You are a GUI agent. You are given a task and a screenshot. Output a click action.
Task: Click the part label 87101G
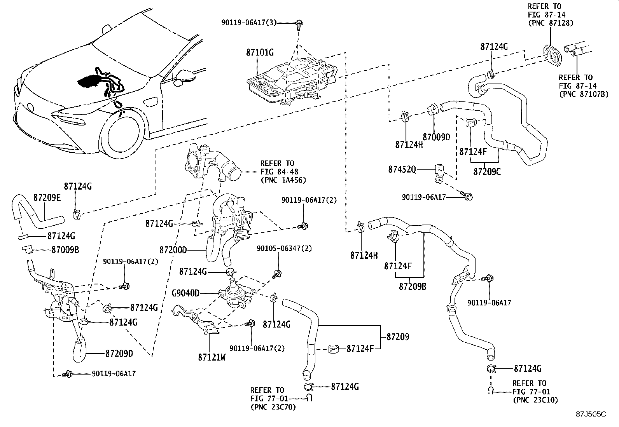coord(260,52)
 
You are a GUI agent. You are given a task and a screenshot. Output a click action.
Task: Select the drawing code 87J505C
coord(591,414)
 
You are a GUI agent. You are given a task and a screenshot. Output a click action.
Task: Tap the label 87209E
coord(47,197)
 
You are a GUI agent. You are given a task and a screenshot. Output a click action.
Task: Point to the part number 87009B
coord(65,250)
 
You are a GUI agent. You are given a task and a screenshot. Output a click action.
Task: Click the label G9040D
coord(185,293)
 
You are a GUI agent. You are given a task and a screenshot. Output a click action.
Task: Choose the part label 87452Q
coord(402,169)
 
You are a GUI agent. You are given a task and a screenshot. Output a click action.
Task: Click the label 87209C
coord(487,171)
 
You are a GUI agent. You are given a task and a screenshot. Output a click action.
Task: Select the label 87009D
coord(436,137)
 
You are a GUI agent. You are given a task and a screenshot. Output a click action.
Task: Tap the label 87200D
coord(173,249)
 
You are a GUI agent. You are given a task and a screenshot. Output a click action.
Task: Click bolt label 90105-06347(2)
coord(284,248)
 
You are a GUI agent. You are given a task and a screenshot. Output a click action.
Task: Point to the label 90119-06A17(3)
coord(249,23)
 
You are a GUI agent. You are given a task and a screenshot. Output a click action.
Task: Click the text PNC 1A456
coord(283,180)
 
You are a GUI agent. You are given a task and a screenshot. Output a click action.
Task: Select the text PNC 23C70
coord(273,407)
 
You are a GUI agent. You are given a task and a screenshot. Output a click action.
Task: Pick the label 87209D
coord(119,354)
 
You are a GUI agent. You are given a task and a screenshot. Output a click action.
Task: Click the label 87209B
coord(412,286)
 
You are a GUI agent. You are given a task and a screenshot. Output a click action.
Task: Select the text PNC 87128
coord(551,23)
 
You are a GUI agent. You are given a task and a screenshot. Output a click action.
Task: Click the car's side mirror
coord(183,77)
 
